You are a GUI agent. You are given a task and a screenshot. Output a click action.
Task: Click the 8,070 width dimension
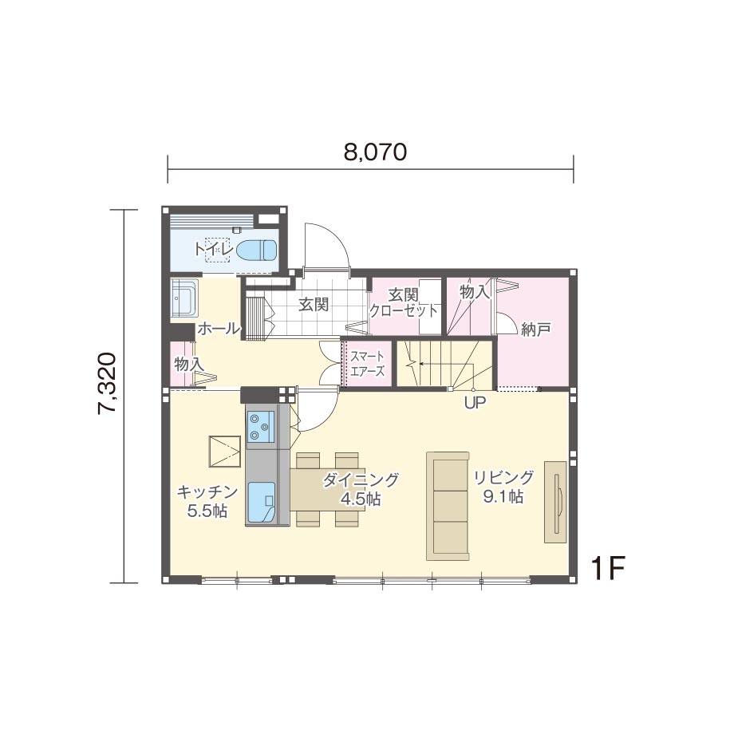coord(375,152)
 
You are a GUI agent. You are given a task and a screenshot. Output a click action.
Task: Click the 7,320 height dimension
coord(107,383)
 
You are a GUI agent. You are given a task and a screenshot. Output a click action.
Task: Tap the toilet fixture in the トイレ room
coord(256,250)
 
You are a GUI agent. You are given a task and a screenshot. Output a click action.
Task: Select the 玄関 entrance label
coord(314,304)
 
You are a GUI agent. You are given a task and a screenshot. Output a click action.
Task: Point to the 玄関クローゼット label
coord(404,303)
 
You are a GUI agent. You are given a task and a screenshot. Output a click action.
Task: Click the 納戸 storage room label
coord(535,330)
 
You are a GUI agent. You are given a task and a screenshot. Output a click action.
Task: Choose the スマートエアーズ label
coord(368,364)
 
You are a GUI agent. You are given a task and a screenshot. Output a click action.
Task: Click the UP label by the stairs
coord(476,403)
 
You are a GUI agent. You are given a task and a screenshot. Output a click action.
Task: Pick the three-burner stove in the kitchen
coord(261,427)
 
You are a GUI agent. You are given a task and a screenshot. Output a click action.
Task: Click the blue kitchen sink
coord(261,501)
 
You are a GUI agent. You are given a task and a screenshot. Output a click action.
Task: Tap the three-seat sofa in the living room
coord(448,506)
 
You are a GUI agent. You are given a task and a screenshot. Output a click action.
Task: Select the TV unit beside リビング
coord(555,502)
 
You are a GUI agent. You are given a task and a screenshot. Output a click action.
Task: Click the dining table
coord(328,489)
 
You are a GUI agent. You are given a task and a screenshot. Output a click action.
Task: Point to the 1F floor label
coord(608,568)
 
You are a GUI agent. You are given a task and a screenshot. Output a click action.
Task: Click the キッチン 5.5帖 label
coord(207,501)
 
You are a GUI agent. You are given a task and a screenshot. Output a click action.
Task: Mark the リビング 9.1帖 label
coord(503,487)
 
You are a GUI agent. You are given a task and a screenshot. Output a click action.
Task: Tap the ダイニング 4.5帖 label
coord(361,490)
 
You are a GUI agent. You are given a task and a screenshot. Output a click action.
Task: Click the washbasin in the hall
coord(184,299)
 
